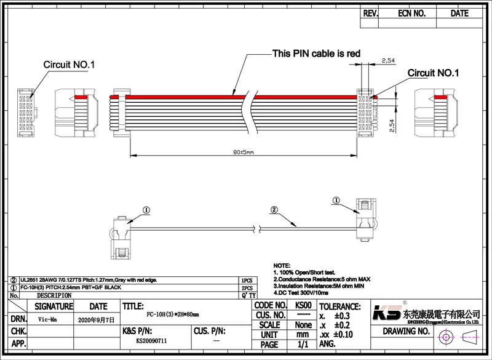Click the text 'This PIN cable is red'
coord(316,54)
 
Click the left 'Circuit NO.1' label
coord(68,64)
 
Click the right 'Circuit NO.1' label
coord(434,73)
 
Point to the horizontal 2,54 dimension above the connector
coord(388,60)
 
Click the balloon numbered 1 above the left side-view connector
coord(146,210)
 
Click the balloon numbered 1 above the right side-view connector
coord(336,200)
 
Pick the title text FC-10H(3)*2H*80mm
coord(157,313)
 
